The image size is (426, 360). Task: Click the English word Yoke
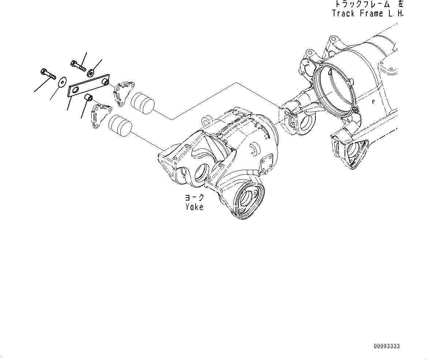[194, 207]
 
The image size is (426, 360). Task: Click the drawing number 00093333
[387, 346]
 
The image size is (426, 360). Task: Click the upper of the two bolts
[78, 66]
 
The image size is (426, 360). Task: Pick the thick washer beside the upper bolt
[90, 70]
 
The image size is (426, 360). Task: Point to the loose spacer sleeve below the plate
[88, 98]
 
